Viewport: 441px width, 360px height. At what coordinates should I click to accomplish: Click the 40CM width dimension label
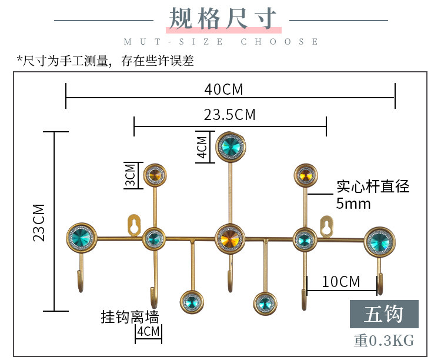[223, 89]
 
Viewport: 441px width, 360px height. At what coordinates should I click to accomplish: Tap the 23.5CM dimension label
[229, 115]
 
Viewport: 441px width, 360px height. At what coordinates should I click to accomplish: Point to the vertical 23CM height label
[39, 222]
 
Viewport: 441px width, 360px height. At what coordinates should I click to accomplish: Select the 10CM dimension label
[341, 282]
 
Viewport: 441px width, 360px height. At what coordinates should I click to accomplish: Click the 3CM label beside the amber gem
[130, 175]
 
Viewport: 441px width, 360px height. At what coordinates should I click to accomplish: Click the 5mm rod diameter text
[353, 204]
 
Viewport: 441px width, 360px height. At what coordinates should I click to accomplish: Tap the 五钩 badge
[383, 314]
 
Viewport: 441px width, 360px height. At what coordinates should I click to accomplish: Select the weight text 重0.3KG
[383, 340]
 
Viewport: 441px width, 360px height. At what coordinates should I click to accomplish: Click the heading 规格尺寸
[223, 19]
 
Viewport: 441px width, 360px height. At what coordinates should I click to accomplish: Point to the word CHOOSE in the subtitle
[280, 42]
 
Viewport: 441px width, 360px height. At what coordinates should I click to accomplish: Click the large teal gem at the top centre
[230, 146]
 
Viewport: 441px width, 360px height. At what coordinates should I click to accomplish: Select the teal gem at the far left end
[81, 238]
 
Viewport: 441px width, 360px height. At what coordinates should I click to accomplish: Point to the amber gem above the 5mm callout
[305, 175]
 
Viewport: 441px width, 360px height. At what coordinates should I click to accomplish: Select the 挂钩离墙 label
[129, 317]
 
